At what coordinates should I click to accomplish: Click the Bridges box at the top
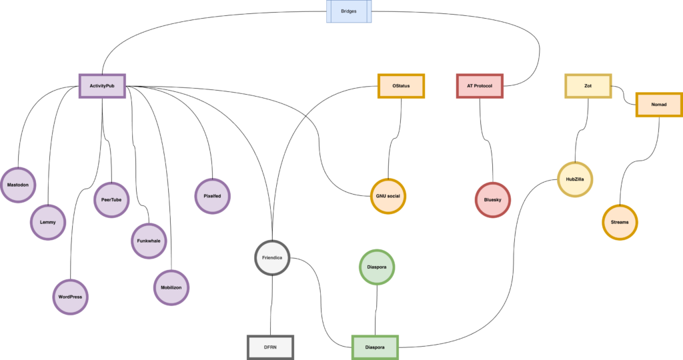(x=349, y=11)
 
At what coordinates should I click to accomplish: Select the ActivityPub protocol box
(x=102, y=86)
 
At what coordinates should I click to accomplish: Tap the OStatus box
(x=401, y=86)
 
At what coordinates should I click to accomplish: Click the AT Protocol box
(x=480, y=86)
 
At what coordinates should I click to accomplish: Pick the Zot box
(x=588, y=86)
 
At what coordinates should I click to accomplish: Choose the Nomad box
(x=658, y=105)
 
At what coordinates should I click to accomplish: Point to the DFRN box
(x=270, y=347)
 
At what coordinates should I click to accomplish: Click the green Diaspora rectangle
(x=374, y=347)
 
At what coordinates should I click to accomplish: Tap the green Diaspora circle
(x=377, y=267)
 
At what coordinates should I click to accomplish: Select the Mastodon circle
(x=18, y=183)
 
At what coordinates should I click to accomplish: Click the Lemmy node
(x=47, y=221)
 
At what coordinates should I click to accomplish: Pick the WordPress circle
(x=70, y=297)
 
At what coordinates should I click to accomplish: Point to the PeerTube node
(x=111, y=199)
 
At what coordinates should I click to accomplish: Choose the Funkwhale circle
(x=148, y=241)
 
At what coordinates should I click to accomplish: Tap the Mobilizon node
(x=171, y=287)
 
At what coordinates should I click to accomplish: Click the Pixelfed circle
(x=212, y=196)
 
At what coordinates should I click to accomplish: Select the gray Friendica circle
(x=272, y=257)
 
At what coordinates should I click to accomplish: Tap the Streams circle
(x=620, y=221)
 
